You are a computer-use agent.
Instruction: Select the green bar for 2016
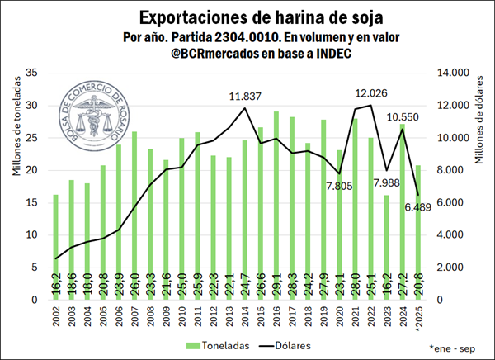tap(276, 206)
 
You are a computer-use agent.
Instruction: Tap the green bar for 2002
tap(56, 247)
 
